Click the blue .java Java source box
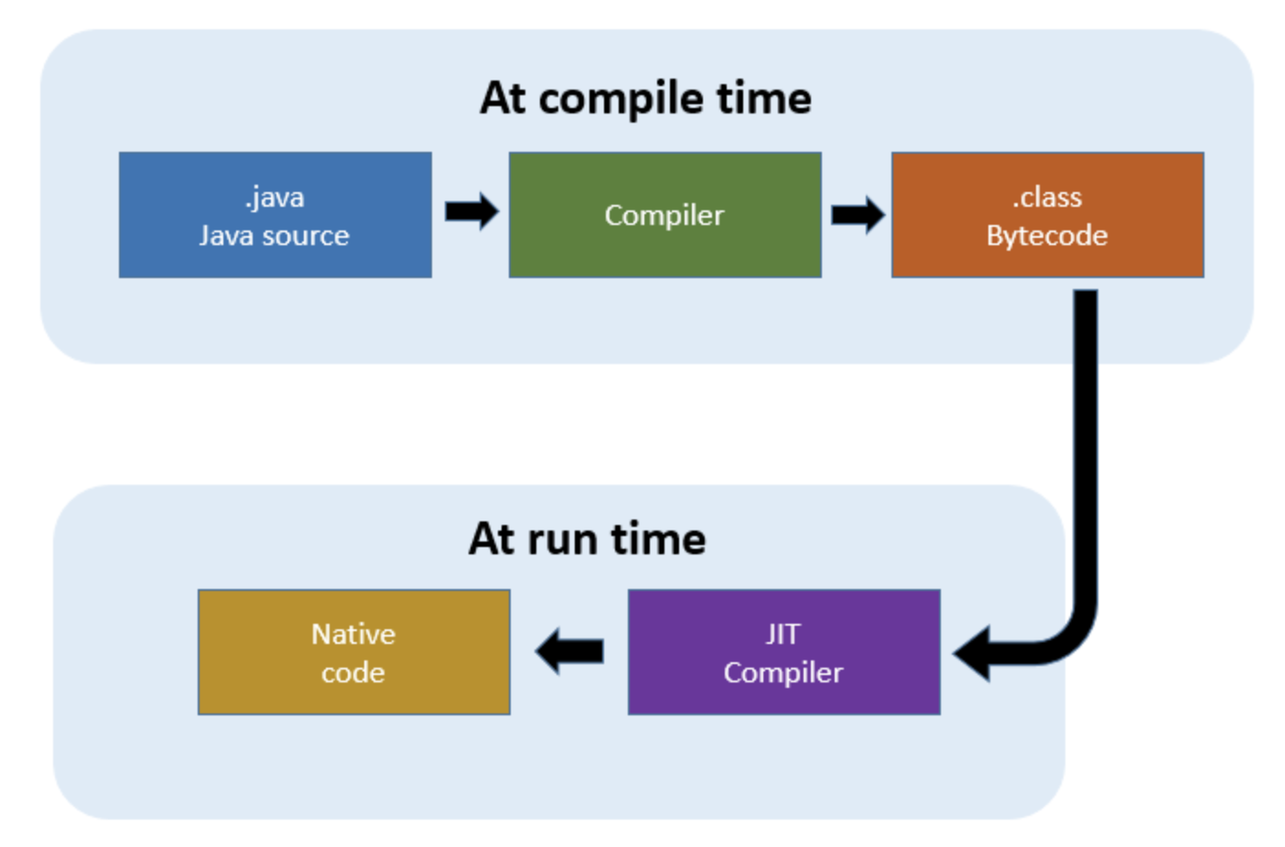tap(275, 215)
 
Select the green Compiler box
tap(665, 215)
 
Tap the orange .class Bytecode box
tap(1048, 215)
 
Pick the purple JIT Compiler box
tap(784, 652)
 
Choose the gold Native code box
tap(354, 652)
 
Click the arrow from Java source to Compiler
tap(472, 211)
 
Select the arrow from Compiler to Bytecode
tap(858, 215)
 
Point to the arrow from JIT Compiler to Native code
tap(569, 651)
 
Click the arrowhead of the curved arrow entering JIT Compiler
tap(971, 654)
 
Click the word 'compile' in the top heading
tap(621, 100)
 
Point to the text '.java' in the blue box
tap(275, 198)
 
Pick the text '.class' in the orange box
tap(1048, 198)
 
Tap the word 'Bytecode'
tap(1048, 236)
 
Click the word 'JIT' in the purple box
tap(783, 634)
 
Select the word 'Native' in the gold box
tap(353, 634)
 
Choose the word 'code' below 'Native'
tap(352, 672)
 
